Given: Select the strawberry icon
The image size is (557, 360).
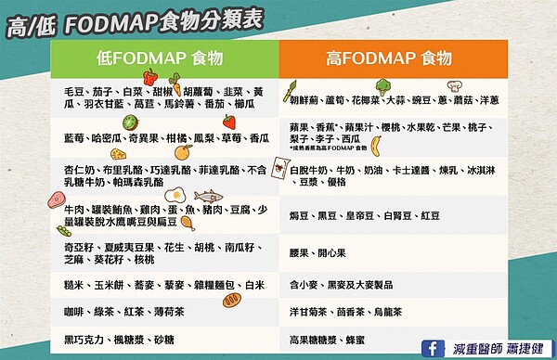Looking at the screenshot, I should tap(228, 122).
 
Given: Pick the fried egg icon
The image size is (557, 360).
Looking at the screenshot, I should tap(179, 197).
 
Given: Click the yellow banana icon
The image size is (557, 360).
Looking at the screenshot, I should tap(376, 144).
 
